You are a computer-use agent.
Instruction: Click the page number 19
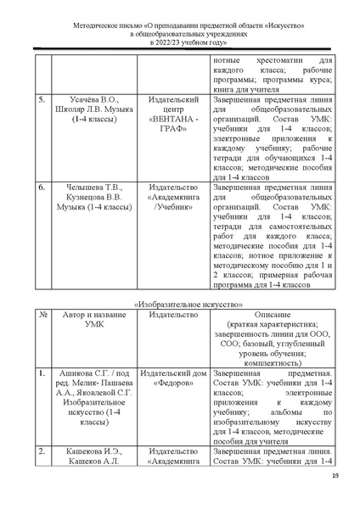click(x=335, y=475)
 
